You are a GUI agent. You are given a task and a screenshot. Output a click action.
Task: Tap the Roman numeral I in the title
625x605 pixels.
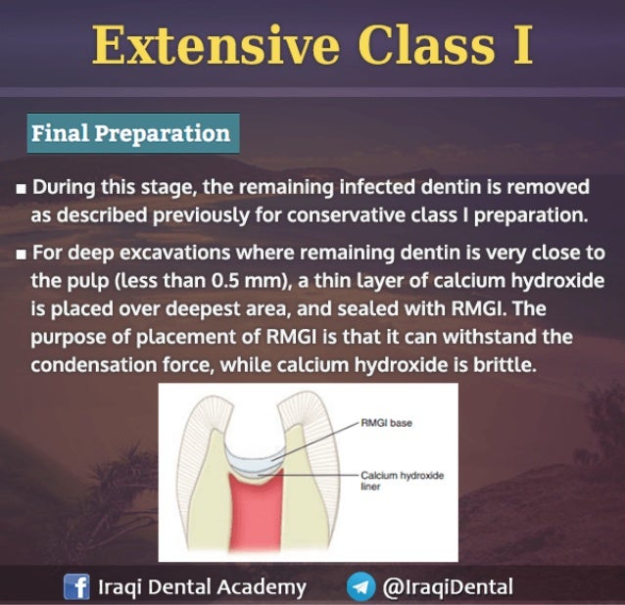point(519,46)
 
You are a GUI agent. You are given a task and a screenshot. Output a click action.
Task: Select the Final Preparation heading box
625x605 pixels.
point(130,133)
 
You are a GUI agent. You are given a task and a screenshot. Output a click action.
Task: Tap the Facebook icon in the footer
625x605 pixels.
point(76,586)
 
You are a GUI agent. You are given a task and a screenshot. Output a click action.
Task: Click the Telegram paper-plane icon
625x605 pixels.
point(361,586)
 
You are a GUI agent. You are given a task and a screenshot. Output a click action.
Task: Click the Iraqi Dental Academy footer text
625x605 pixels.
point(202,586)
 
